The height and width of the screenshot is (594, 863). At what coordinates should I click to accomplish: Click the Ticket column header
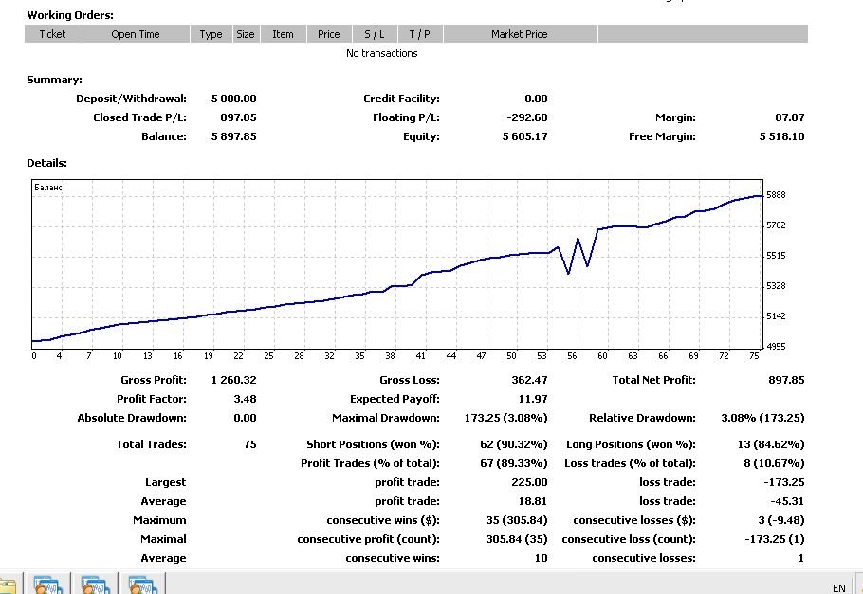[x=52, y=34]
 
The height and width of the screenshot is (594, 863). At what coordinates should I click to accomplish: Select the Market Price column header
[x=519, y=34]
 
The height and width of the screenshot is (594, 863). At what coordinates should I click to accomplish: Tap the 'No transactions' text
[x=382, y=53]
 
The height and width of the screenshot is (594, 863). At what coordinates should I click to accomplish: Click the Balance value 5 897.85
[x=234, y=136]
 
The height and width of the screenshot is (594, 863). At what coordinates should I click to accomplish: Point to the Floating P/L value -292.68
[x=526, y=117]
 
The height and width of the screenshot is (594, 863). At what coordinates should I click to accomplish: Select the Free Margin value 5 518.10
[x=781, y=136]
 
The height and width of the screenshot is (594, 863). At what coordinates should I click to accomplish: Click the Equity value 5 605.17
[x=524, y=136]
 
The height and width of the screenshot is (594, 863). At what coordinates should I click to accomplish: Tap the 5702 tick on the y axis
[x=776, y=225]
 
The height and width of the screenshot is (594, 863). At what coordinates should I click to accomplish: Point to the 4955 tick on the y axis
[x=776, y=347]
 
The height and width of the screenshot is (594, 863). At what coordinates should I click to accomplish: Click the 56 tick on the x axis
[x=573, y=356]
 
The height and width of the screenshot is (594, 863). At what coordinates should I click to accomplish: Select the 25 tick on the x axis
[x=268, y=356]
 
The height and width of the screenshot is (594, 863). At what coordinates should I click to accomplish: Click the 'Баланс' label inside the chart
[x=48, y=188]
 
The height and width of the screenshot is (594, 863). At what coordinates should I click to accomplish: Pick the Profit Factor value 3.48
[x=245, y=399]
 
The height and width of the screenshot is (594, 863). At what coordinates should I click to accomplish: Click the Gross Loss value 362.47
[x=529, y=380]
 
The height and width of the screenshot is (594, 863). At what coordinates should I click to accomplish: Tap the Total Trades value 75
[x=249, y=444]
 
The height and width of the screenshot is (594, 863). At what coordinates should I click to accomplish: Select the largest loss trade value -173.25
[x=784, y=482]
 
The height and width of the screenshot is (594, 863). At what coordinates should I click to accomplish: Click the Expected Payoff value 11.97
[x=533, y=399]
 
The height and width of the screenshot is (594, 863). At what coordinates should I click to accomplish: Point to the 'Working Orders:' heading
[x=70, y=15]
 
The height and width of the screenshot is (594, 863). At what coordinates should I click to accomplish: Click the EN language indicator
[x=838, y=588]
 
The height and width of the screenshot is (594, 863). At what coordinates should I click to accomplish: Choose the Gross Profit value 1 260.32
[x=234, y=380]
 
